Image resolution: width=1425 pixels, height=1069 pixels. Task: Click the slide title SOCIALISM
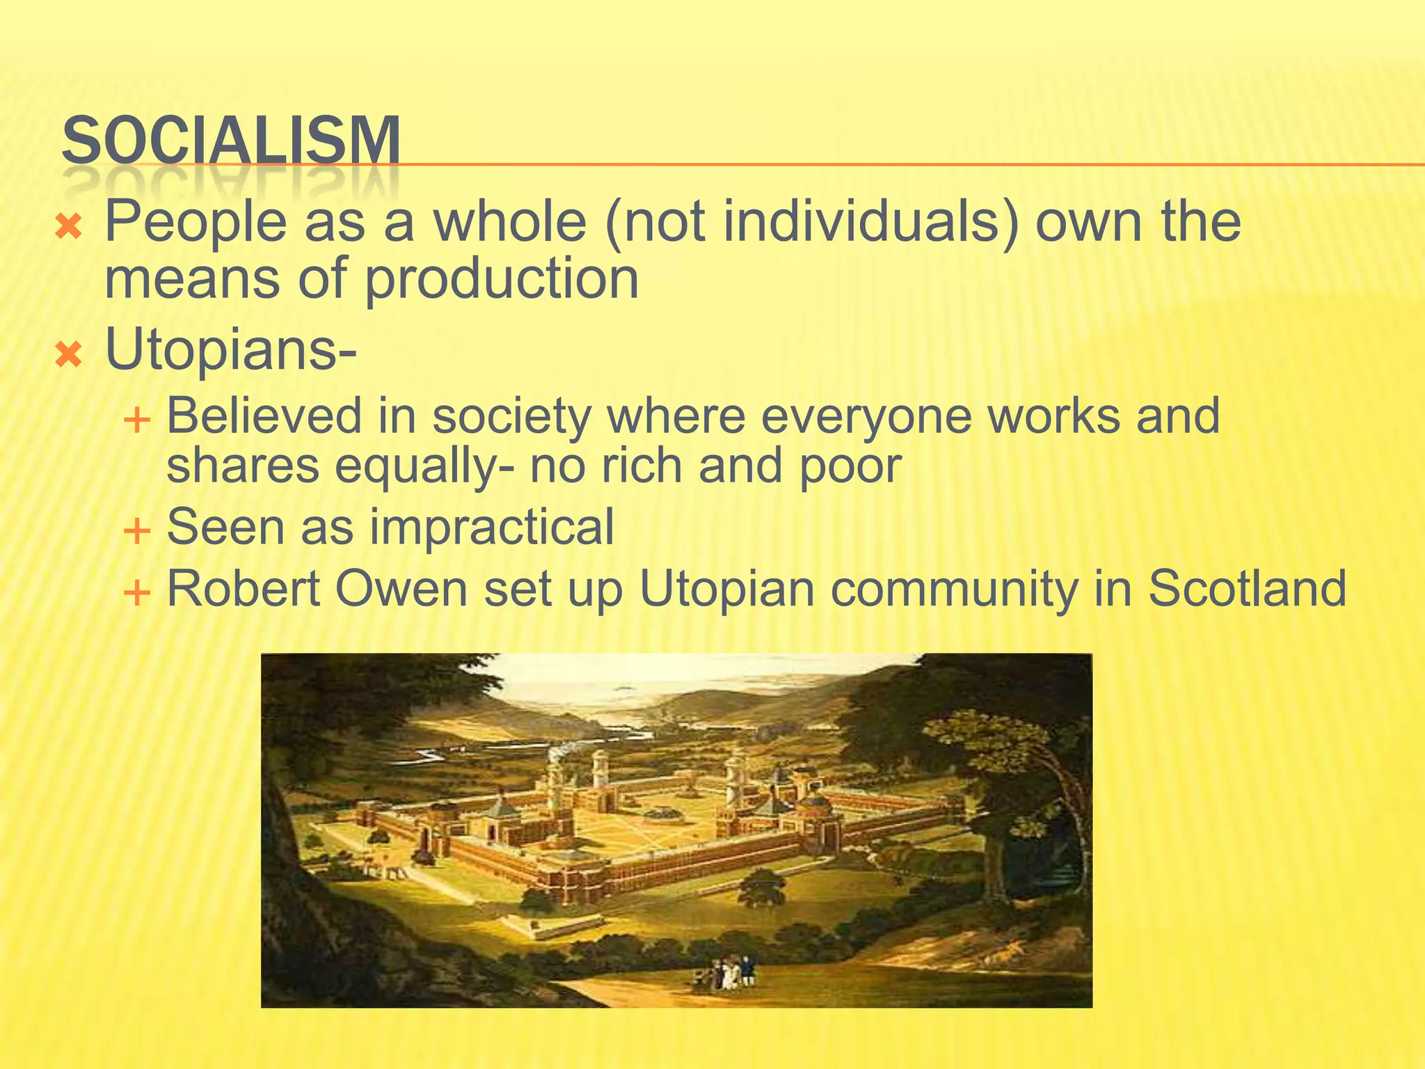coord(231,141)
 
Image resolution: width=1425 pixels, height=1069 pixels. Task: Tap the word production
coord(501,278)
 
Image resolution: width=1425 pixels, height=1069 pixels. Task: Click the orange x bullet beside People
coord(69,226)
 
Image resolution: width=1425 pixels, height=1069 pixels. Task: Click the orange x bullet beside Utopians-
coord(69,355)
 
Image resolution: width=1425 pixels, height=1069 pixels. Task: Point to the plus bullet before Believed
coord(136,420)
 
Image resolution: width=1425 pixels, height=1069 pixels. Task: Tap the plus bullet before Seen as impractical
coord(136,532)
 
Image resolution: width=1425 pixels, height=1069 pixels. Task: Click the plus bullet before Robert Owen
coord(136,593)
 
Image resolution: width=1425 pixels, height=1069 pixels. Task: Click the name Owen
coord(401,589)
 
